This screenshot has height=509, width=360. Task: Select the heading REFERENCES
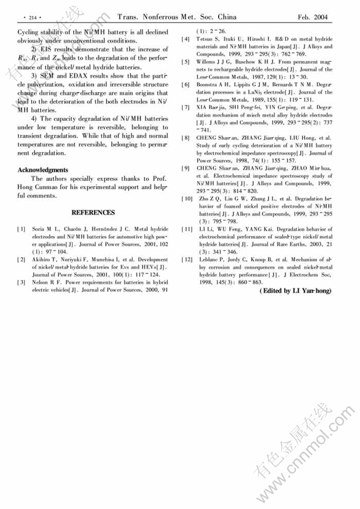[93, 212]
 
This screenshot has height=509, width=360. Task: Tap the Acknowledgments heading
[43, 170]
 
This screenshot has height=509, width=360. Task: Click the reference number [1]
[21, 229]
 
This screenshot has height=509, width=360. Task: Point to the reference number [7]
[186, 108]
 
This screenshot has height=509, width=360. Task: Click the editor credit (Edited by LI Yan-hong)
[295, 291]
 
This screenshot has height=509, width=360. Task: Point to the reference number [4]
[186, 39]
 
